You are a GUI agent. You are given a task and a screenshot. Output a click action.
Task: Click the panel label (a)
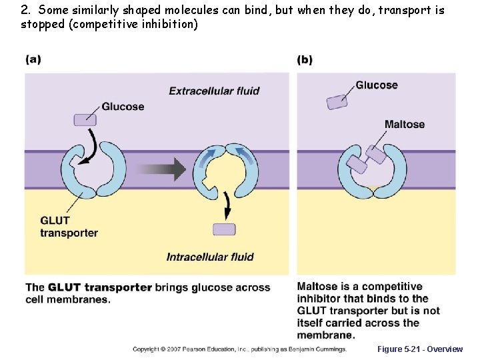pos(33,59)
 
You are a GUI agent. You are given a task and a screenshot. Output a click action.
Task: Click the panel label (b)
pos(305,59)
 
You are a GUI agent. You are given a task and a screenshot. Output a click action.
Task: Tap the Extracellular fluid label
pos(214,91)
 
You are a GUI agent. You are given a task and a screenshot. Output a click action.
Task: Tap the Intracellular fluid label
pos(210,257)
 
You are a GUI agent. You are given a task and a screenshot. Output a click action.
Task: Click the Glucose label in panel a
pos(123,107)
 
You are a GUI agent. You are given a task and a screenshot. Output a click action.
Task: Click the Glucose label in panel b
pos(377,85)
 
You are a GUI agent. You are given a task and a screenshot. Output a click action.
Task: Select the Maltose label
pos(404,124)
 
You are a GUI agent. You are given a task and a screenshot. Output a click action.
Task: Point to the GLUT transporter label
pos(69,227)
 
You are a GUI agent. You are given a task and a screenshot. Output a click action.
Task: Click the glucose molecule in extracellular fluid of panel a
pos(85,119)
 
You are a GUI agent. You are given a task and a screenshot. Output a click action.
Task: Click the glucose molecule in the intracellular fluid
pos(224,229)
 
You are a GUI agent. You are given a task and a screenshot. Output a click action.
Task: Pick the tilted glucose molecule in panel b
pos(337,101)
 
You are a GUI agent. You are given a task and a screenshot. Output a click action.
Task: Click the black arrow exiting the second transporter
pos(227,204)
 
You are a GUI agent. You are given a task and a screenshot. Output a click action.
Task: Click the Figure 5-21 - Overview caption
pos(419,349)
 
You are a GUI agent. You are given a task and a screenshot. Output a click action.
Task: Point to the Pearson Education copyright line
pos(239,349)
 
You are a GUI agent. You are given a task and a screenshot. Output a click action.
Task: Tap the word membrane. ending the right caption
pos(325,335)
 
